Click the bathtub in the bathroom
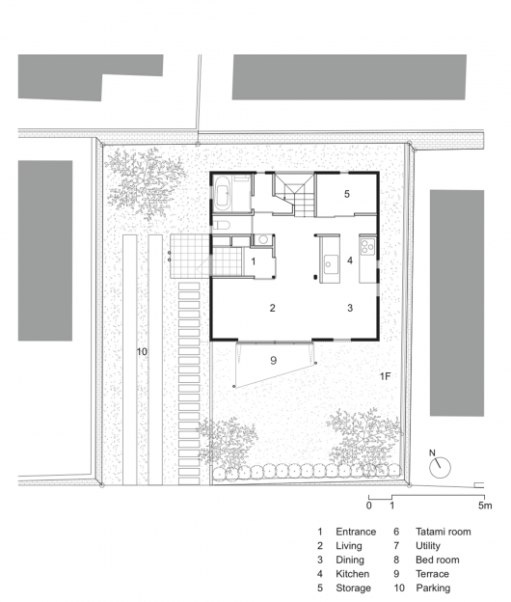pyautogui.click(x=223, y=193)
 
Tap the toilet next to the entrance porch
pyautogui.click(x=222, y=224)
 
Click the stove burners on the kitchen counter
pyautogui.click(x=368, y=246)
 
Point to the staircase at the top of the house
pyautogui.click(x=293, y=194)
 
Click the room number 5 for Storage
pyautogui.click(x=347, y=194)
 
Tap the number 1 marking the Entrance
pyautogui.click(x=254, y=261)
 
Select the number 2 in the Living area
pyautogui.click(x=273, y=308)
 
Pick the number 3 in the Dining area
pyautogui.click(x=350, y=308)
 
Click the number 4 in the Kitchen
pyautogui.click(x=350, y=260)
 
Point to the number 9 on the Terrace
pyautogui.click(x=273, y=361)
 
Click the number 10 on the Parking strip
pyautogui.click(x=142, y=352)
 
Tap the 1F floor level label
pyautogui.click(x=385, y=376)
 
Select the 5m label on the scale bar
pyautogui.click(x=485, y=506)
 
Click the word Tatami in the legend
pyautogui.click(x=430, y=532)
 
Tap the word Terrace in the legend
pyautogui.click(x=432, y=574)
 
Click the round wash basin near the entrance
pyautogui.click(x=263, y=239)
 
